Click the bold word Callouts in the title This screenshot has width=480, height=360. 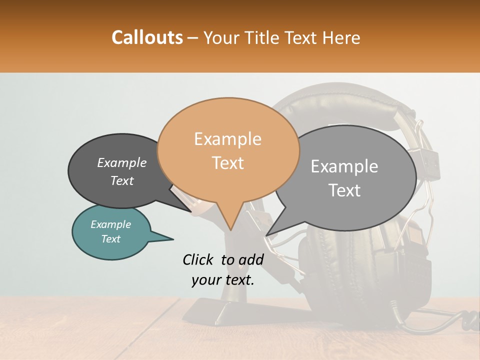pos(147,37)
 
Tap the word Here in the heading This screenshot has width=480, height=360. pos(341,37)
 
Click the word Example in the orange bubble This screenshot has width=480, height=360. pos(228,138)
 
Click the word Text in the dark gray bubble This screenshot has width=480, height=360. pos(122,180)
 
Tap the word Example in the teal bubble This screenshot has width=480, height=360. pos(110,224)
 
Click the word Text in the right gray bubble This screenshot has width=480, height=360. pos(345,190)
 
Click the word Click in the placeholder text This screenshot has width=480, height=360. pos(199,259)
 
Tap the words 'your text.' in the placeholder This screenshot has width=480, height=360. pos(223,280)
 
